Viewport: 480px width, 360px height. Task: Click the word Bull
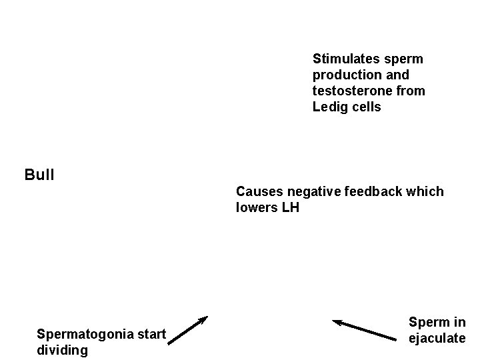[x=39, y=176]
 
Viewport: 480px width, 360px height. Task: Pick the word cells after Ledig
[x=365, y=107]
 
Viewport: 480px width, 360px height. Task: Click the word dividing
[x=62, y=350]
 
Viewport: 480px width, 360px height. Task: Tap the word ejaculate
[x=437, y=339]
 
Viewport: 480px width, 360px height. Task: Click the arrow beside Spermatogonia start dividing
[x=188, y=329]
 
